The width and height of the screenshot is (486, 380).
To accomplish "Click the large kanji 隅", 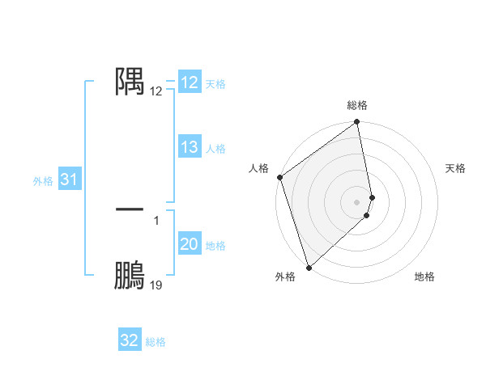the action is pos(130,81).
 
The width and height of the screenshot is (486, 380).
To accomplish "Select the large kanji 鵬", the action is pos(130,276).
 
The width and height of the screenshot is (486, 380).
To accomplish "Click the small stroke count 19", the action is pos(156,285).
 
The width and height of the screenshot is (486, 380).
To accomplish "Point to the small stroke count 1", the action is pos(156,220).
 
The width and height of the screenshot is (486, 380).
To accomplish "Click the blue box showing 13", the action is pos(190,147).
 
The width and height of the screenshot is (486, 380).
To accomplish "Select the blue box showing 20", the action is pos(190,244).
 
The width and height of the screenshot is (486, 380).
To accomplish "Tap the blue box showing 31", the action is pos(69,180).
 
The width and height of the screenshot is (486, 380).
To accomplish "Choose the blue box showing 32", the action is pos(130,340).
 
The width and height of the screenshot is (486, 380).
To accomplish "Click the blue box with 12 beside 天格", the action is pos(190,82).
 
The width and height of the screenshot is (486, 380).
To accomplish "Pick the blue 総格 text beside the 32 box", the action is pos(156,342).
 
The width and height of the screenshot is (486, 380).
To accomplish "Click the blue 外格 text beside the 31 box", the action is pos(43,181).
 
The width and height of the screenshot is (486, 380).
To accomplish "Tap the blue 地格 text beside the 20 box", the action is pos(216,246).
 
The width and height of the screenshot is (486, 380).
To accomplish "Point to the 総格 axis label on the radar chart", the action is pos(357,105).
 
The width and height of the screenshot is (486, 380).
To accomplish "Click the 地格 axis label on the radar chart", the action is pos(424,277).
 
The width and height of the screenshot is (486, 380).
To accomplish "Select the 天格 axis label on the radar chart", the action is pos(456,168).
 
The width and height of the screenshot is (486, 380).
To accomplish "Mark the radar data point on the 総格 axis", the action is pos(357,123).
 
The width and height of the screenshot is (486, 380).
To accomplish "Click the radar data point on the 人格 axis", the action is pos(280,177).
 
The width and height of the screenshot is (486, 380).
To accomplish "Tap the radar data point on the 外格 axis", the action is pos(309,268).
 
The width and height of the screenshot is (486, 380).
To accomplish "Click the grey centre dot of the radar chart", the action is pos(357,201).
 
